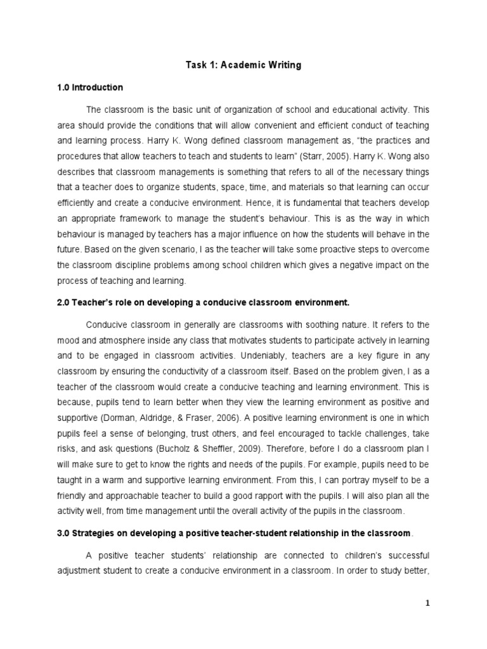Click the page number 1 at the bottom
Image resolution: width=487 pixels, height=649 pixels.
[427, 603]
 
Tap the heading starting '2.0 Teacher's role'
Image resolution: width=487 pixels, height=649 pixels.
[203, 302]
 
